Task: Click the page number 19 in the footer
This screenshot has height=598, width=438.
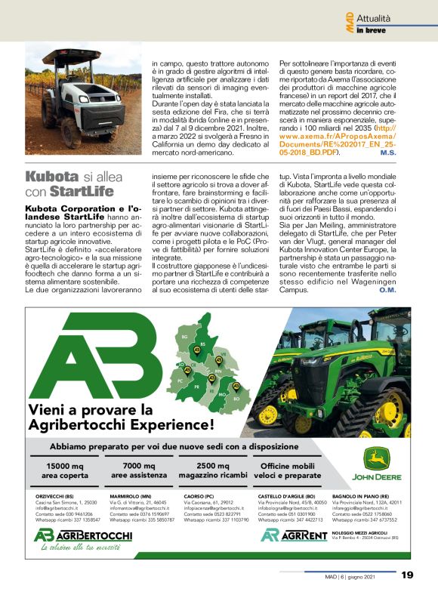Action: [x=407, y=575]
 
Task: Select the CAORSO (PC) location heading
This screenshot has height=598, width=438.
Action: [x=199, y=496]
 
